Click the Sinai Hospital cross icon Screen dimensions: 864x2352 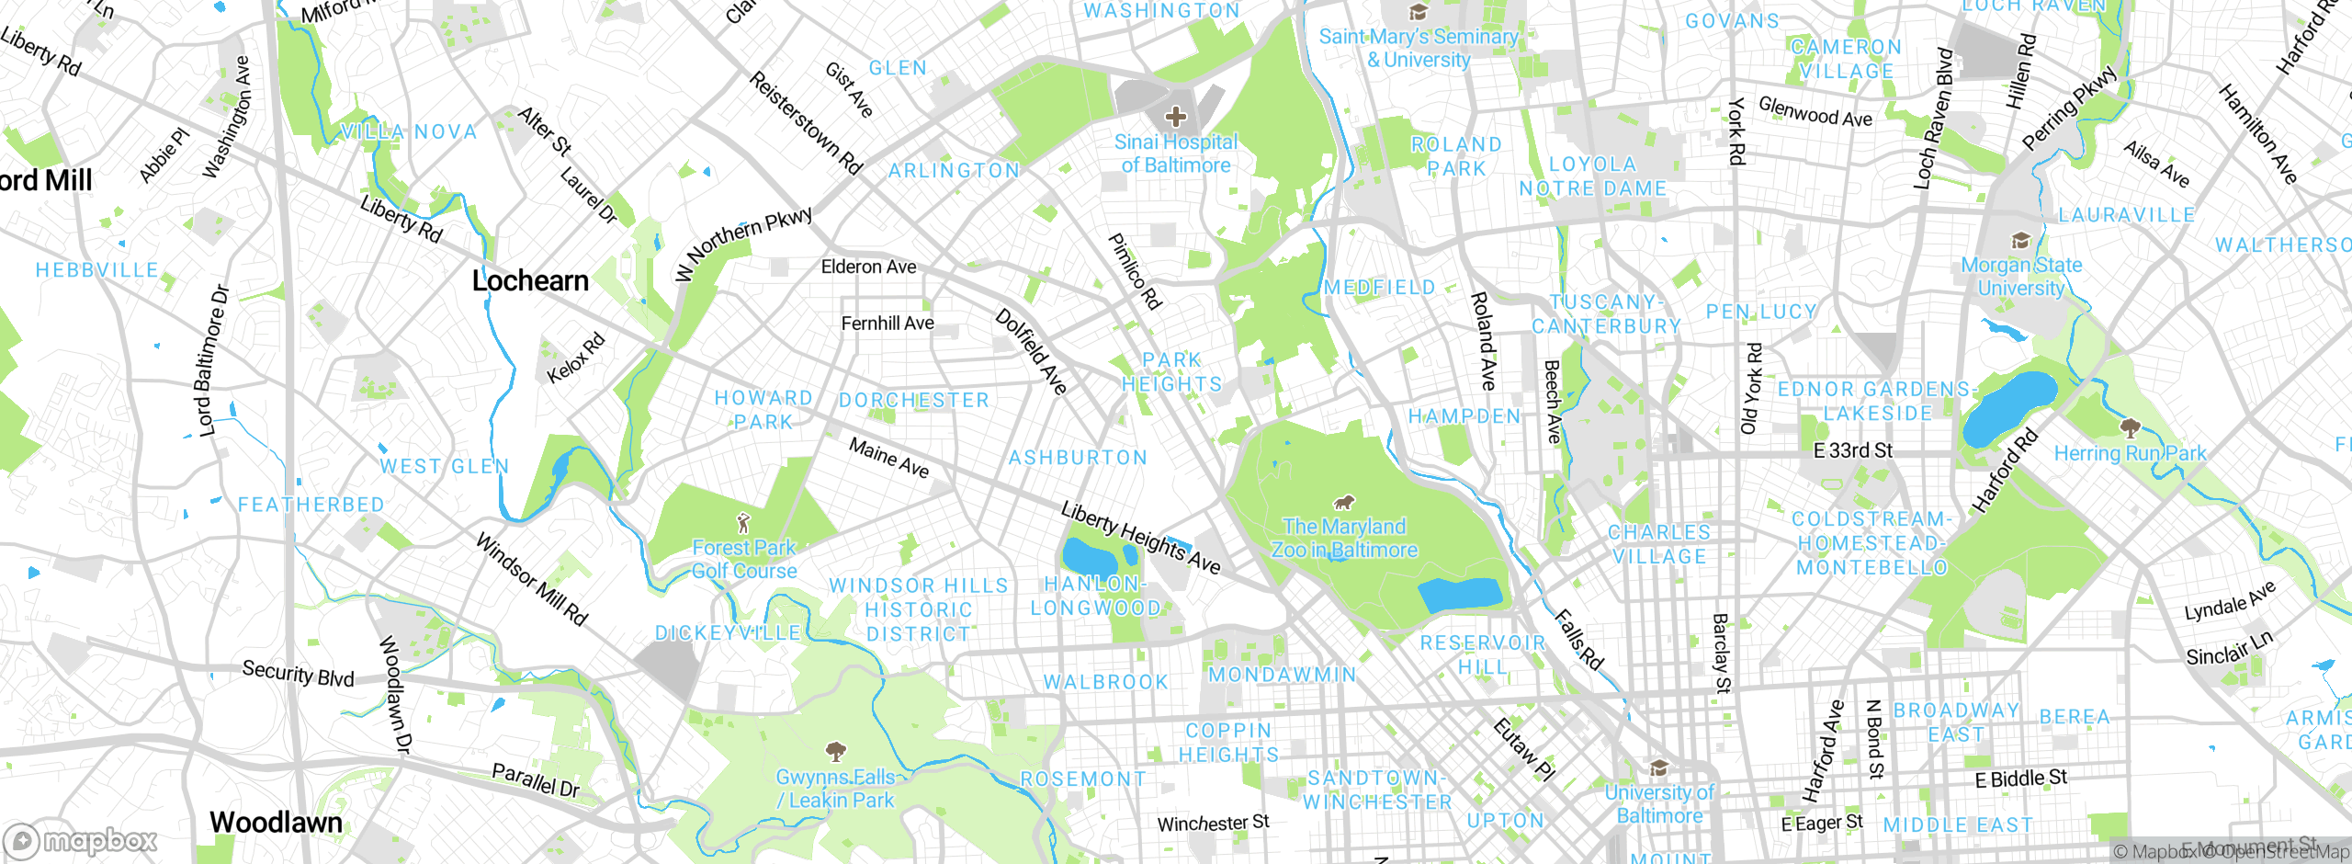pyautogui.click(x=1175, y=117)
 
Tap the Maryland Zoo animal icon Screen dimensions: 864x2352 pyautogui.click(x=1344, y=502)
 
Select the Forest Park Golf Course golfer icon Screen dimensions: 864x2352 pyautogui.click(x=743, y=524)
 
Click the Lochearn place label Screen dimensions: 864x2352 pyautogui.click(x=530, y=281)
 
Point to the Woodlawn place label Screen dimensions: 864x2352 pyautogui.click(x=276, y=823)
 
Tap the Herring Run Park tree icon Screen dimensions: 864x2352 pyautogui.click(x=2130, y=427)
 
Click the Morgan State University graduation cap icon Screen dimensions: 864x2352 pyautogui.click(x=2020, y=241)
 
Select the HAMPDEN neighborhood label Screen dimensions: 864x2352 pyautogui.click(x=1464, y=416)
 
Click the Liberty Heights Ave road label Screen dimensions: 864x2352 pyautogui.click(x=1140, y=538)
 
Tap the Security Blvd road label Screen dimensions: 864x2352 pyautogui.click(x=298, y=674)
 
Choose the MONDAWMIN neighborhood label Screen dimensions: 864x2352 pyautogui.click(x=1282, y=675)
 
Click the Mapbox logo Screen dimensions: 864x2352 pyautogui.click(x=81, y=840)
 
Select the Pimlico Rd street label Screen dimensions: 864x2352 pyautogui.click(x=1136, y=271)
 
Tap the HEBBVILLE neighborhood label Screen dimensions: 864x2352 pyautogui.click(x=96, y=270)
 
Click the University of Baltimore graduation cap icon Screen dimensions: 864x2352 pyautogui.click(x=1658, y=767)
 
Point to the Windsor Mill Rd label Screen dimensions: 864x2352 pyautogui.click(x=531, y=579)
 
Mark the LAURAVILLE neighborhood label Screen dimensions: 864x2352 pyautogui.click(x=2126, y=215)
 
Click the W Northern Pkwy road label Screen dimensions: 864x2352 pyautogui.click(x=744, y=243)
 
